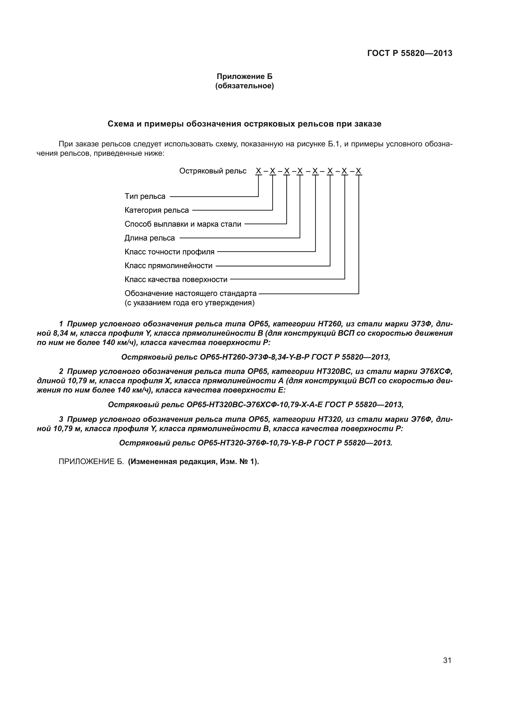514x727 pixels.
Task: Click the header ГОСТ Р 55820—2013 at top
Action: [410, 53]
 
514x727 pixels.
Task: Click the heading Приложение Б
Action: [244, 76]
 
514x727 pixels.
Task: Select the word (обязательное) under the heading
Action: [244, 86]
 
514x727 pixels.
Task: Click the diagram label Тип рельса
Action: [145, 196]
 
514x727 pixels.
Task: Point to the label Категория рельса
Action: [157, 210]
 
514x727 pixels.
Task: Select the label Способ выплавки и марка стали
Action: [183, 224]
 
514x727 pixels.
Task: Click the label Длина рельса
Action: [149, 238]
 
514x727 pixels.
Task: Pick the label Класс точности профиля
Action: [169, 252]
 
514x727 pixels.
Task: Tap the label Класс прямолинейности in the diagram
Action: [168, 266]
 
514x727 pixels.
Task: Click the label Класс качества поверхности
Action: [176, 280]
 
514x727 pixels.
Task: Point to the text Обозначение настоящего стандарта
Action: [190, 293]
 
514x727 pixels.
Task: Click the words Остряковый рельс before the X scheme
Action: [213, 171]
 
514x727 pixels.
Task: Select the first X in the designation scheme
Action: [258, 171]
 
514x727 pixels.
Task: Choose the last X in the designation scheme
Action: [358, 171]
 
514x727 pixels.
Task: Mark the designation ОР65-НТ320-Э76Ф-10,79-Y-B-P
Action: [255, 443]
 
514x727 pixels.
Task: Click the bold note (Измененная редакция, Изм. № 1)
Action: [193, 462]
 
